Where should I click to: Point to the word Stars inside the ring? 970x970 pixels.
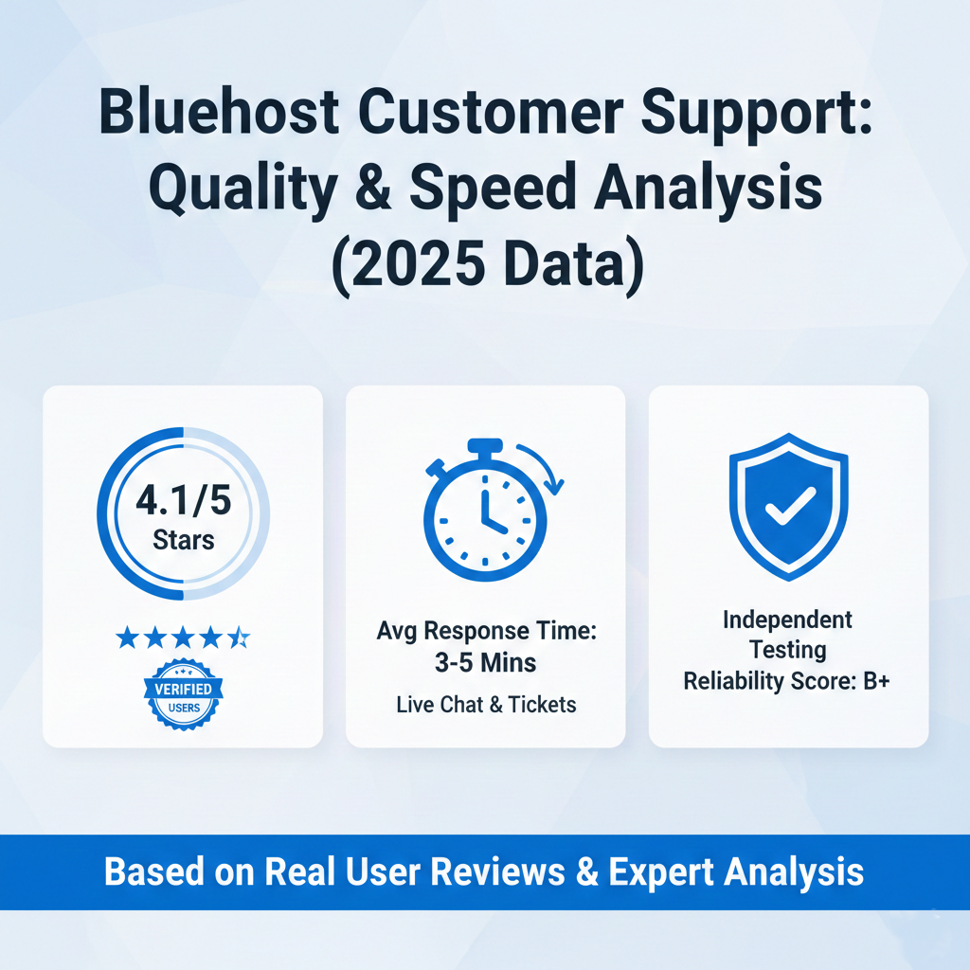(x=183, y=541)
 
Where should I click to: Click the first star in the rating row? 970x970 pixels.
(x=127, y=638)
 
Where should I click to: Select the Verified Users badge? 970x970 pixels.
(x=183, y=693)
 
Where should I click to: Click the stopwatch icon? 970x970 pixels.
(x=485, y=516)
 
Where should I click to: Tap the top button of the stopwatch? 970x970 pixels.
(x=485, y=446)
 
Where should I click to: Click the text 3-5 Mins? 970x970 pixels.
(x=485, y=662)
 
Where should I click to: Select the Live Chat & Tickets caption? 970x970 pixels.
(x=485, y=704)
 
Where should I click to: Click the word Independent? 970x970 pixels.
(x=788, y=620)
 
